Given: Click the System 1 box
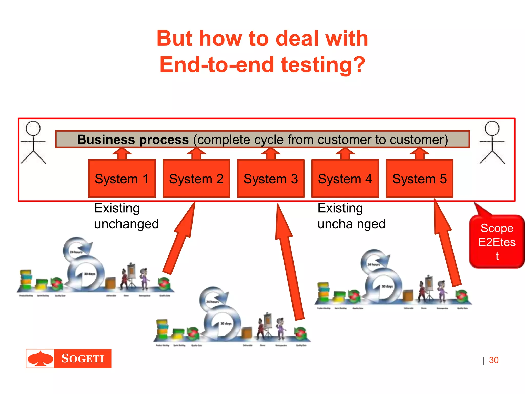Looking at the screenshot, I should coord(122,179).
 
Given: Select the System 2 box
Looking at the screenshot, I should coord(196,179).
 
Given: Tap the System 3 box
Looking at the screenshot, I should coord(271,179).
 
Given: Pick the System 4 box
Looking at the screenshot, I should coord(345,179).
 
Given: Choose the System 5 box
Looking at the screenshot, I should coord(419,179).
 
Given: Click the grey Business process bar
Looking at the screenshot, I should coord(262,140).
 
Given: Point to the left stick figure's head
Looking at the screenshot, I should coord(33,128).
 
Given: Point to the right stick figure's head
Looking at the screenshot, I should coord(492,128).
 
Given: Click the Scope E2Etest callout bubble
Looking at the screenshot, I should coord(497,242).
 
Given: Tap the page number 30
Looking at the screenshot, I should coord(493,360).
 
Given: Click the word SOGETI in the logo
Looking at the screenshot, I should coord(83,359).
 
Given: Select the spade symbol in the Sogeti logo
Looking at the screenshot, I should coord(40,358).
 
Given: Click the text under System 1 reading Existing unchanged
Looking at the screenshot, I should coord(126,216).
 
